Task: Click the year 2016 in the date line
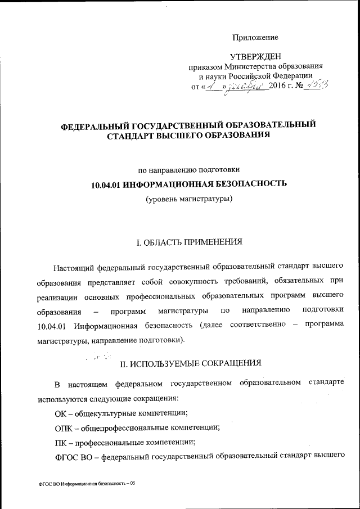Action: click(278, 86)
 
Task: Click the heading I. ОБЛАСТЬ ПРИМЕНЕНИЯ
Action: click(190, 243)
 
